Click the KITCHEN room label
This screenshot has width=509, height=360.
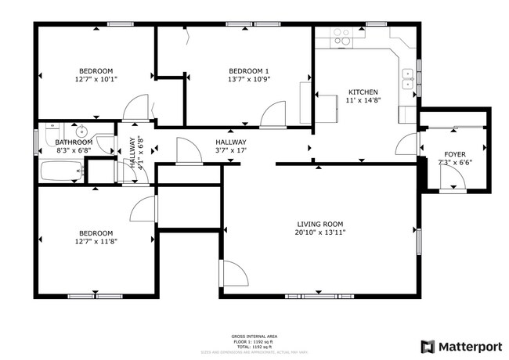point(363,92)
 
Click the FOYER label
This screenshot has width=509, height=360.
point(455,155)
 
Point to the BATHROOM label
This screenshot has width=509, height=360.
point(74,142)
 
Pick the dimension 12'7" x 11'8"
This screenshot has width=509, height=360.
point(95,242)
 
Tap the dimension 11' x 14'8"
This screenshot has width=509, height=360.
point(363,101)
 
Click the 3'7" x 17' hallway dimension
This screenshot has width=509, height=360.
point(231,150)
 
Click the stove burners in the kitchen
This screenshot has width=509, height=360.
point(341,35)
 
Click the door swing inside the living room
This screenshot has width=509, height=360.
point(234,272)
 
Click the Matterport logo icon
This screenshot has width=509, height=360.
point(428,346)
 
